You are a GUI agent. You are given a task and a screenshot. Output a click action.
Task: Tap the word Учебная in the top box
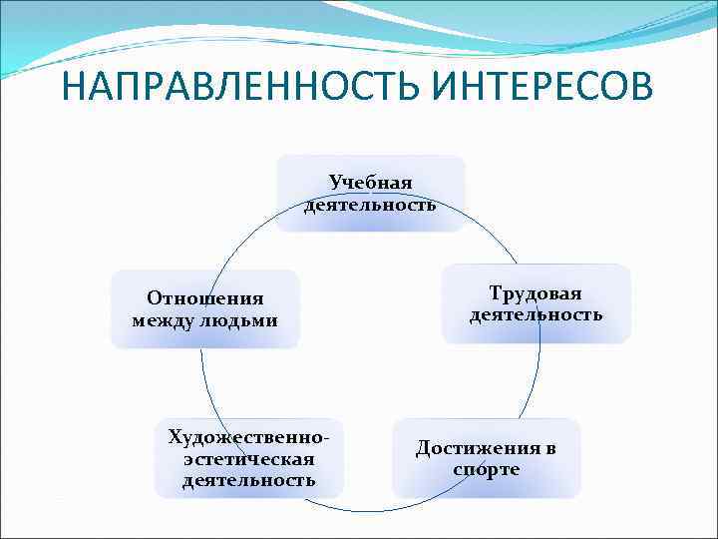(370, 182)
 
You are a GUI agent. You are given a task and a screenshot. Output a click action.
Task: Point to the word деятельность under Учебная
(370, 205)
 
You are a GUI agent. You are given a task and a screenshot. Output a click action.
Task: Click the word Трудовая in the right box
(536, 292)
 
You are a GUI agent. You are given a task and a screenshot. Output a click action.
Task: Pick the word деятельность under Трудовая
(536, 314)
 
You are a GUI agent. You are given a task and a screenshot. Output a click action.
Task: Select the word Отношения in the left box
(204, 298)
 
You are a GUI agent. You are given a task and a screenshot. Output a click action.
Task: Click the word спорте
(486, 469)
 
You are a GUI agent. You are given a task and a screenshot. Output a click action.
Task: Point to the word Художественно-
(249, 437)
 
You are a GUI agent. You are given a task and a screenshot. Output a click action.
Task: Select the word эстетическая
(249, 458)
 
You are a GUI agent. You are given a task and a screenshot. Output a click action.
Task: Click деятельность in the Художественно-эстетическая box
(249, 480)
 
